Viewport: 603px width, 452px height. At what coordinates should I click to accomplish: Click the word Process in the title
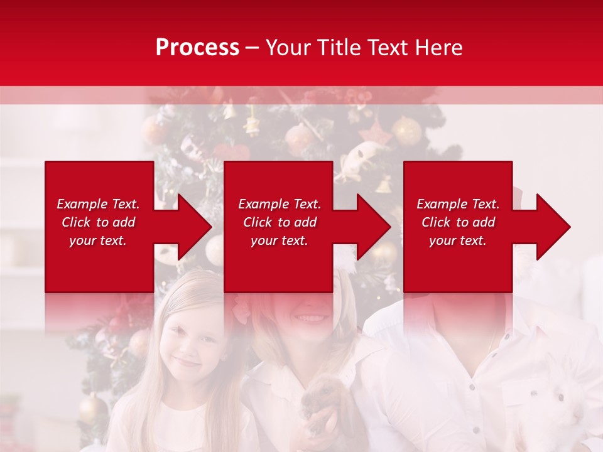pyautogui.click(x=197, y=48)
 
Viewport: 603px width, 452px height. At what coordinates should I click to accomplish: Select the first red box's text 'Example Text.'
pyautogui.click(x=98, y=204)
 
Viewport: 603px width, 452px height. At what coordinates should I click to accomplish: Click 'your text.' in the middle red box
pyautogui.click(x=279, y=240)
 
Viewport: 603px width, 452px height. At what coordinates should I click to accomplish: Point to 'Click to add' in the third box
pyautogui.click(x=458, y=222)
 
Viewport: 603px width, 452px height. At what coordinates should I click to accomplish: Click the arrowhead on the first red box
pyautogui.click(x=195, y=227)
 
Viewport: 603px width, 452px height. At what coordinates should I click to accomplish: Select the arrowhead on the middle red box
pyautogui.click(x=374, y=227)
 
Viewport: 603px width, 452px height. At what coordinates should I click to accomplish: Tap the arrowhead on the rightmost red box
pyautogui.click(x=553, y=227)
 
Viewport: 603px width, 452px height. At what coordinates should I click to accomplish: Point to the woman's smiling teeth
pyautogui.click(x=309, y=318)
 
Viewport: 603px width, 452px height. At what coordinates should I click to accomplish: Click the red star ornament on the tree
pyautogui.click(x=376, y=134)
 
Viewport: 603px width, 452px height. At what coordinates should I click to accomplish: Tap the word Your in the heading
pyautogui.click(x=288, y=48)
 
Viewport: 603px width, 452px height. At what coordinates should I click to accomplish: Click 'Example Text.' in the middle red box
pyautogui.click(x=279, y=204)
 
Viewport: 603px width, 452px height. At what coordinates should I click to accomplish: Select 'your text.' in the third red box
pyautogui.click(x=458, y=240)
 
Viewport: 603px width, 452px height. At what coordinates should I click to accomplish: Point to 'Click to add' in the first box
pyautogui.click(x=98, y=222)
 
